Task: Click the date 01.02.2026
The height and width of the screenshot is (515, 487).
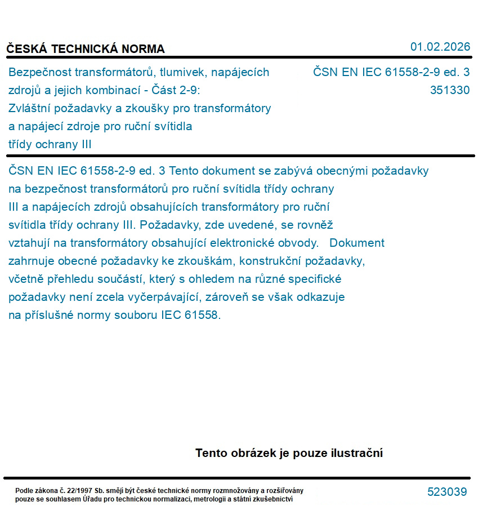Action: click(x=440, y=47)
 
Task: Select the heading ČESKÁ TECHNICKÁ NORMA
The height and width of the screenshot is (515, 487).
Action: click(x=86, y=49)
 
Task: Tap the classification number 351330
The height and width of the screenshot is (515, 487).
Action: click(x=449, y=90)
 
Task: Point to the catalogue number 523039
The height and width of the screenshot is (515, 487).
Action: click(x=447, y=492)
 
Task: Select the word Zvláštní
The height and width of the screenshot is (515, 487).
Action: click(x=32, y=108)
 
